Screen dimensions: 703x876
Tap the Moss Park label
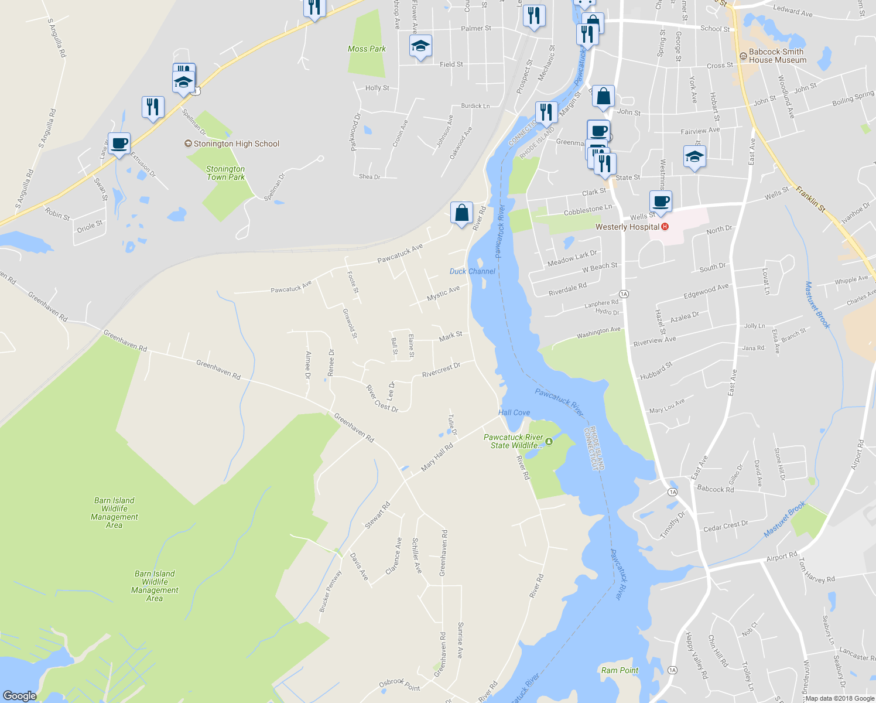[367, 49]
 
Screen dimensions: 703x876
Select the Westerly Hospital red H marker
[665, 227]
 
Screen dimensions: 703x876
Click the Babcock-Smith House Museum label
[777, 56]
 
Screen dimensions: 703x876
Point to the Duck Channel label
[472, 271]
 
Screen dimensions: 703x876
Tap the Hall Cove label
[514, 412]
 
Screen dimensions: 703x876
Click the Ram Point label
[620, 670]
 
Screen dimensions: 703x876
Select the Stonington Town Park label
[225, 173]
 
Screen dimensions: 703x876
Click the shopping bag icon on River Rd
[461, 213]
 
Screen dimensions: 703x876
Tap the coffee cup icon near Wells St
[661, 202]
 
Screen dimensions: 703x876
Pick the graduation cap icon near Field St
[420, 46]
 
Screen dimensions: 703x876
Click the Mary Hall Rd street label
[437, 458]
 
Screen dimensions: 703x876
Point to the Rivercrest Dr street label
[441, 370]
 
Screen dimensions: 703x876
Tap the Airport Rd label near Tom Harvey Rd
[782, 556]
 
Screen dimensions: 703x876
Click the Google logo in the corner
[20, 696]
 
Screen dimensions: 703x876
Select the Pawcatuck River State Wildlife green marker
[549, 441]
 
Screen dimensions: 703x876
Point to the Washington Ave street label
[598, 332]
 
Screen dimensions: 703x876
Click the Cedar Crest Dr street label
[726, 526]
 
